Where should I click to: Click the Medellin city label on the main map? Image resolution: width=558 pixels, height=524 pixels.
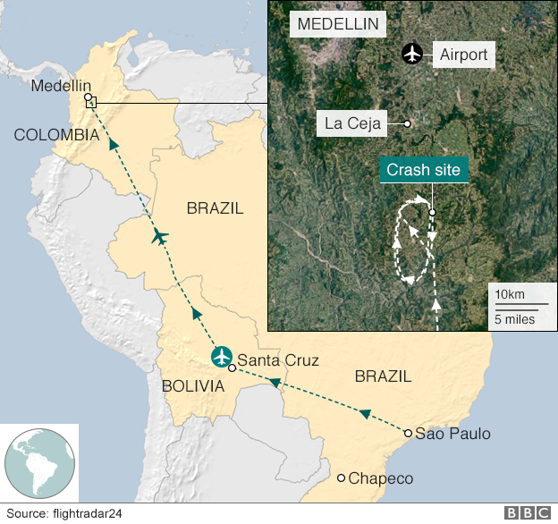tap(61, 86)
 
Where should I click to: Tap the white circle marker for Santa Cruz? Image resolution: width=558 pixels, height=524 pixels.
tap(232, 368)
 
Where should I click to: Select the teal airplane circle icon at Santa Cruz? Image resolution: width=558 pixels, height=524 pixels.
tap(221, 356)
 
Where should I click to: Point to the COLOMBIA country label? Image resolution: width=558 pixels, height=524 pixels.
tap(56, 134)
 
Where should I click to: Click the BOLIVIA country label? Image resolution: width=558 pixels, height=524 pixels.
tap(193, 386)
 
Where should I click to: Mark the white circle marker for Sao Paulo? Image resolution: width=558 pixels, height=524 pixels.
tap(408, 434)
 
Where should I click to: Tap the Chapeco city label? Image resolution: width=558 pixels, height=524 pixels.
tap(381, 478)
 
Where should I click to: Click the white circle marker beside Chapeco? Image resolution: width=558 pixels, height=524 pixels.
tap(341, 478)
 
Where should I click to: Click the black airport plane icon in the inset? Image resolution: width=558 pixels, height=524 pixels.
tap(411, 54)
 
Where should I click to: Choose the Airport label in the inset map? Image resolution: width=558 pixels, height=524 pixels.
tap(463, 55)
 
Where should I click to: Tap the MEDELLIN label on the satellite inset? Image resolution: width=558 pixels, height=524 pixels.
tap(337, 24)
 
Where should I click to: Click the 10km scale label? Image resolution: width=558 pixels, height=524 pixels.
tap(510, 295)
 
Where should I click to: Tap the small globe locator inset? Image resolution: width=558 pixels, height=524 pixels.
tap(39, 463)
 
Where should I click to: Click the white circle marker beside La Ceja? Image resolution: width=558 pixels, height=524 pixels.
tap(407, 123)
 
